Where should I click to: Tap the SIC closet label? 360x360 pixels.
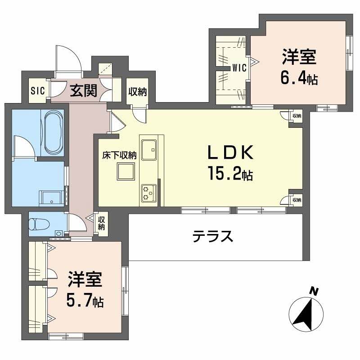[37, 90]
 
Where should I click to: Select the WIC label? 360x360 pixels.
[239, 68]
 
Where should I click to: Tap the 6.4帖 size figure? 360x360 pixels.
[299, 78]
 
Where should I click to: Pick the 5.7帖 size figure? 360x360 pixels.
[85, 299]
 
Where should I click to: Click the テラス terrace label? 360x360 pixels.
[213, 236]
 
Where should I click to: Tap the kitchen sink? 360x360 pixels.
[149, 150]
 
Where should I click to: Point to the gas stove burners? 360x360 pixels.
[148, 193]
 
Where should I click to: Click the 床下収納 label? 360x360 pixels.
[119, 156]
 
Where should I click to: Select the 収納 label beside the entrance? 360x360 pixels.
[138, 92]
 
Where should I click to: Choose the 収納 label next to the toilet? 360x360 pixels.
[102, 223]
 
